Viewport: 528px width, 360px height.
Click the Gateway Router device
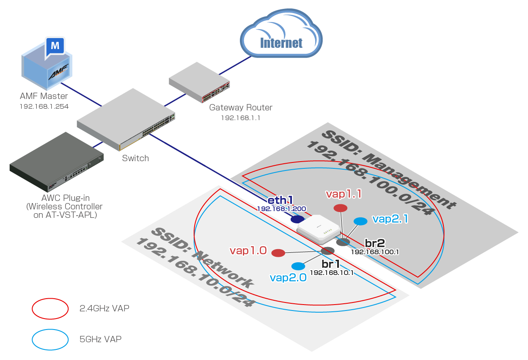pos(198,83)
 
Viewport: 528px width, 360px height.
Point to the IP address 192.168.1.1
pos(240,118)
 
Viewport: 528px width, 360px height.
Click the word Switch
pos(135,158)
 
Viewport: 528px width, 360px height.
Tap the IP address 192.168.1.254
pos(44,106)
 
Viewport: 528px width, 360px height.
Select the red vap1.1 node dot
pos(340,208)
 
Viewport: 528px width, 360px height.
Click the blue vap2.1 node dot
pos(360,221)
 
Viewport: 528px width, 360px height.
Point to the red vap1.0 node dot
pos(278,253)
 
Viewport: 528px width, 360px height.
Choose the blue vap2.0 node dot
pos(298,266)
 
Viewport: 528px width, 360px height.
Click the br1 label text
pos(331,264)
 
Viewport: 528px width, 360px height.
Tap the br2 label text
pos(375,243)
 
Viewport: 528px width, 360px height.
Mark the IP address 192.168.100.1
pos(375,252)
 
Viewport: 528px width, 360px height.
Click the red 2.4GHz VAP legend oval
pos(50,309)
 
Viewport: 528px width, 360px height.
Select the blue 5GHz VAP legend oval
pos(50,339)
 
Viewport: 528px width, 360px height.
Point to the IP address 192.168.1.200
pos(282,209)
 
